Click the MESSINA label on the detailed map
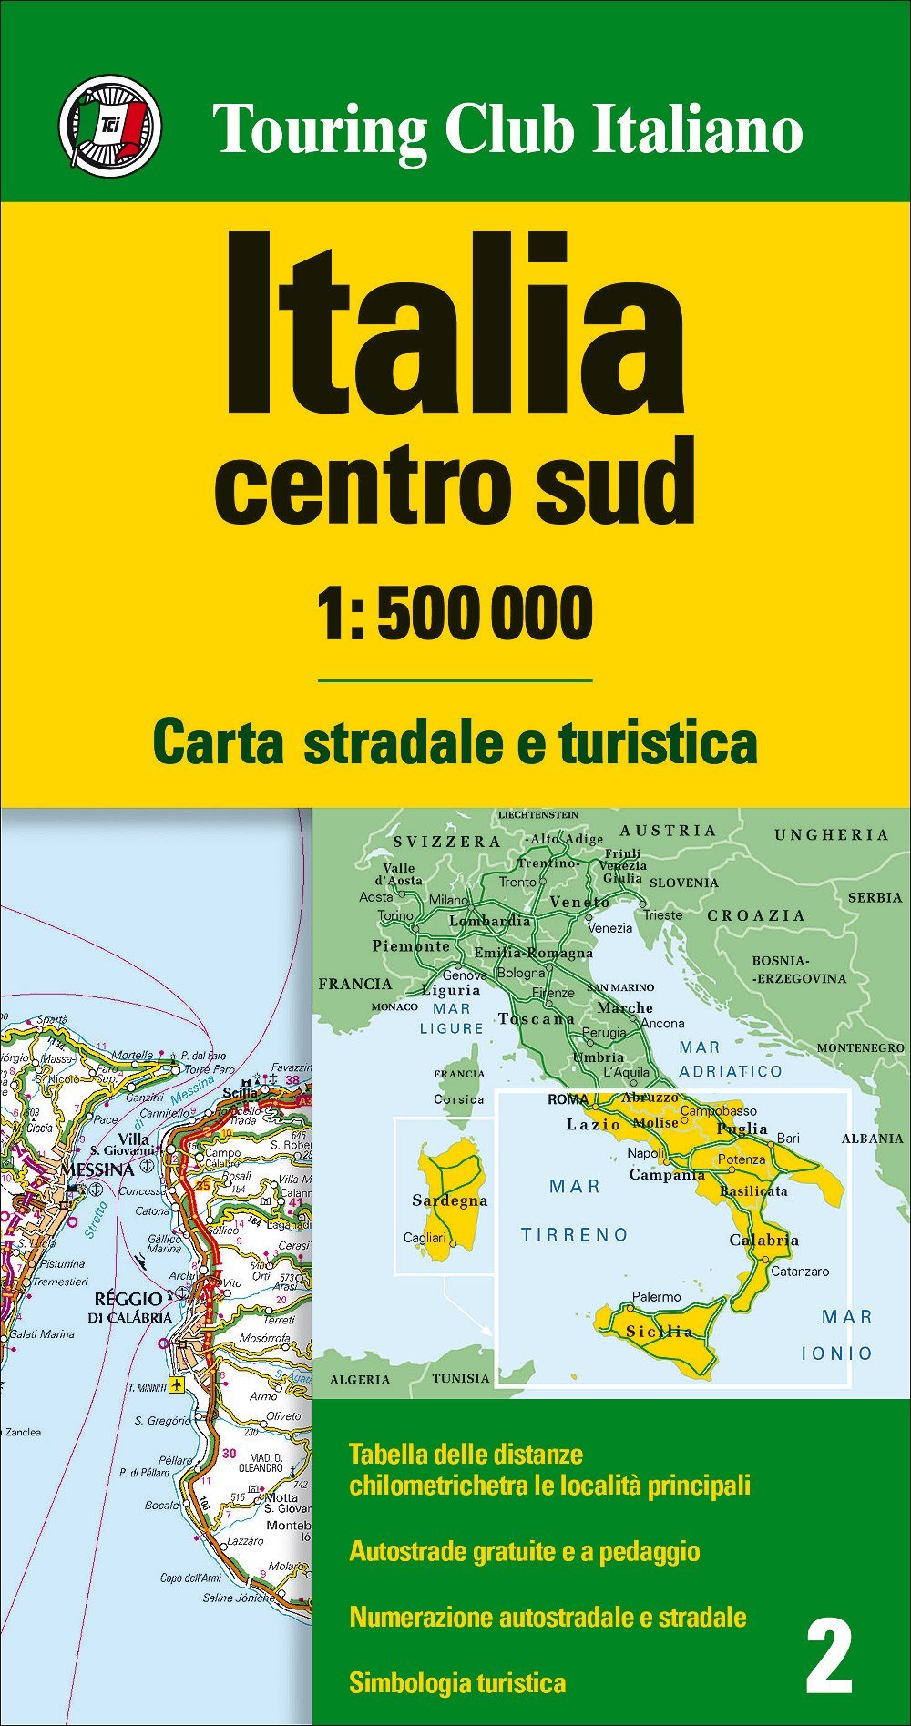click(x=97, y=1169)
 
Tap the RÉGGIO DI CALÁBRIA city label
click(x=129, y=1307)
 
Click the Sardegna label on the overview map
click(x=449, y=1200)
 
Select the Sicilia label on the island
click(x=659, y=1332)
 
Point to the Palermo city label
click(x=656, y=1296)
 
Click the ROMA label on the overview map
click(x=568, y=1099)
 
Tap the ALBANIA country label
click(x=872, y=1138)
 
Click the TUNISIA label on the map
click(x=461, y=1378)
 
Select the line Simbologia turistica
click(x=457, y=1682)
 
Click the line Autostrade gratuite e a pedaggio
click(x=524, y=1551)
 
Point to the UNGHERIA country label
click(x=831, y=834)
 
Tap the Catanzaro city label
click(x=799, y=1271)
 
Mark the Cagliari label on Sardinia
click(x=425, y=1238)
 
